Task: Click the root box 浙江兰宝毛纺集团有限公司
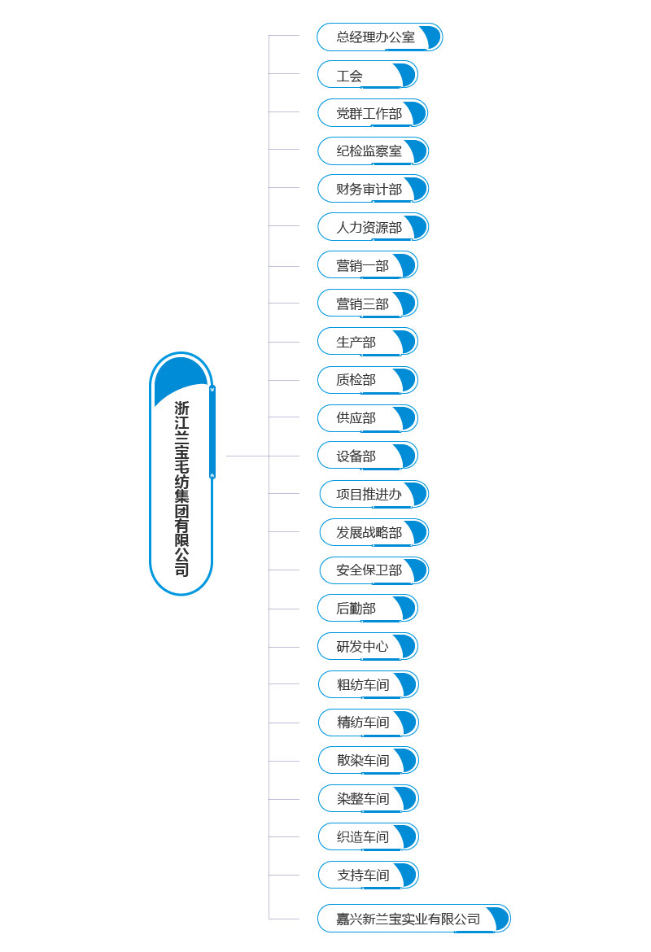181,474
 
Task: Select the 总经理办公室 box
379,37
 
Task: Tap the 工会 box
367,75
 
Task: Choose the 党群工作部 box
372,113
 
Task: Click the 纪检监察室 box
372,151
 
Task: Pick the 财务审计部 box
372,189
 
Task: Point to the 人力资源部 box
372,227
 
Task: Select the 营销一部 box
367,265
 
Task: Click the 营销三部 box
367,304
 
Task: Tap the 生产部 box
367,342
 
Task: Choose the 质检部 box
367,380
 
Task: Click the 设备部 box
367,456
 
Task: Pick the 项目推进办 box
374,494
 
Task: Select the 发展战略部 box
374,532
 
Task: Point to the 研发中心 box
367,647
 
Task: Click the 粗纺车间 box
368,684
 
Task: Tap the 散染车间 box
368,761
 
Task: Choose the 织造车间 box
368,836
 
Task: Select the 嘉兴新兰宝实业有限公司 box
413,919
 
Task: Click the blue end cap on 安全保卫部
417,570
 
